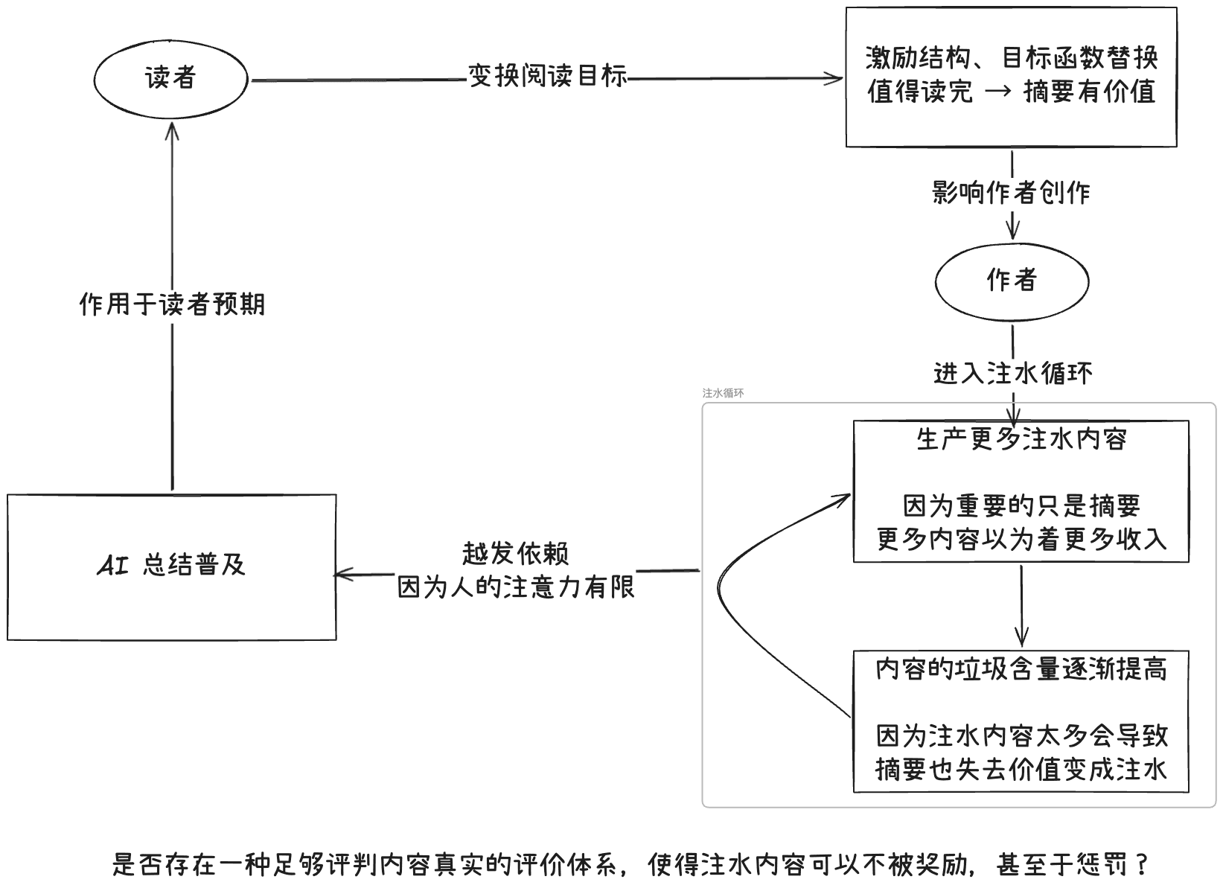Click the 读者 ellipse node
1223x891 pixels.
pos(170,78)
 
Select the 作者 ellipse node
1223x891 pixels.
pos(1012,281)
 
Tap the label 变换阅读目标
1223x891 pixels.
pos(547,76)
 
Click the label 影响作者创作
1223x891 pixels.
pos(1012,193)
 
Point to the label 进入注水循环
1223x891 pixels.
pos(1013,372)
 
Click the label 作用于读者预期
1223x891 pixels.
pos(172,304)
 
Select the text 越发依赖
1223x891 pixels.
pos(515,554)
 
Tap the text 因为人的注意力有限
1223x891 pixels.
pos(515,587)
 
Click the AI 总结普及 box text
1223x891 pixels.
pos(171,566)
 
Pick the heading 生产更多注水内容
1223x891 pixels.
pos(1021,439)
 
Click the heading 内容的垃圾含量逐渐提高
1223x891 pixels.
pos(1021,669)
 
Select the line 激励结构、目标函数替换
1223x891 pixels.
pos(1012,57)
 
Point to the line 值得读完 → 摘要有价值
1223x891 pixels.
pos(1012,92)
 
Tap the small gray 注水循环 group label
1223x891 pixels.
pos(723,393)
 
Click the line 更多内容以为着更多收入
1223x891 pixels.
pos(1021,539)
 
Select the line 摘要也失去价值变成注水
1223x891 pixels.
pos(1021,769)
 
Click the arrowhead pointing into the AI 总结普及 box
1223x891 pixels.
pos(340,574)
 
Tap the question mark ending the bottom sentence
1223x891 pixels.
pos(1143,865)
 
